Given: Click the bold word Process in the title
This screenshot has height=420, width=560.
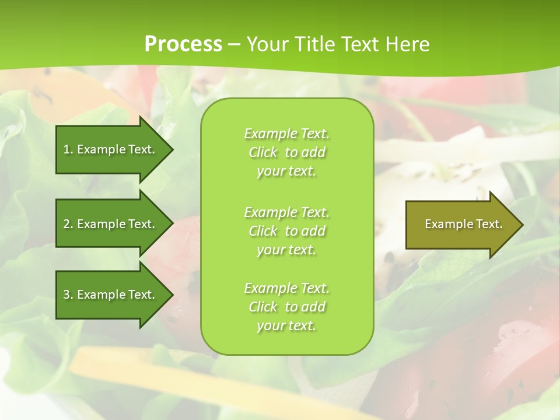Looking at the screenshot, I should point(183,44).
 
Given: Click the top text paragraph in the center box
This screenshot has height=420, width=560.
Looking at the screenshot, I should point(286,152).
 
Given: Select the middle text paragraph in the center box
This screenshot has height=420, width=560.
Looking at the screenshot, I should point(286,231).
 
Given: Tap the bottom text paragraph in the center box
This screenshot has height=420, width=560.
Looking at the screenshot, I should point(286,307).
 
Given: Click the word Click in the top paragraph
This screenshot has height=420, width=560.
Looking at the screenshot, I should point(263,152).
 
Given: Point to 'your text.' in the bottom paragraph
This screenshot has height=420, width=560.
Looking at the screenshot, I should point(286,325).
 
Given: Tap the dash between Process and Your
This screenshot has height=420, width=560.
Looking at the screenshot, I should point(234,44).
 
